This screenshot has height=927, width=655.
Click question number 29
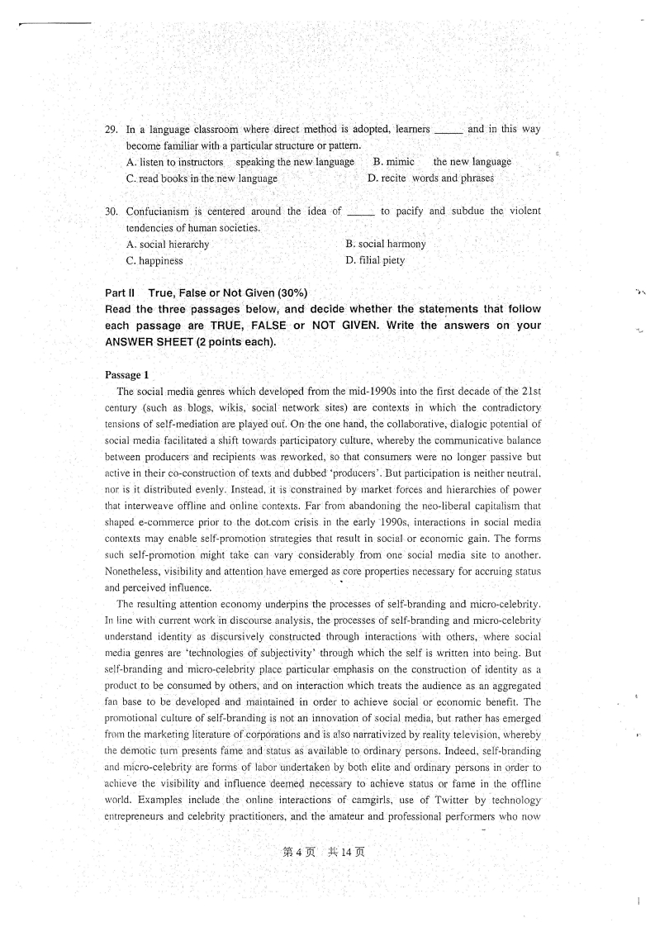pyautogui.click(x=112, y=130)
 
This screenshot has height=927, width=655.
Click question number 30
pyautogui.click(x=112, y=212)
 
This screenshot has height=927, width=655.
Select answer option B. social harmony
pyautogui.click(x=386, y=245)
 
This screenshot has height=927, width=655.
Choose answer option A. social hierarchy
pyautogui.click(x=168, y=245)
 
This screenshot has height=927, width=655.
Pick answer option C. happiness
pyautogui.click(x=154, y=261)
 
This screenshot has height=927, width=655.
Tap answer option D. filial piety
pyautogui.click(x=375, y=261)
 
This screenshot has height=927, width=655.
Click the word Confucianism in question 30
pyautogui.click(x=160, y=212)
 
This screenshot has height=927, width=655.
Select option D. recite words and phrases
pyautogui.click(x=430, y=178)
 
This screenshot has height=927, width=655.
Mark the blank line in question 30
pyautogui.click(x=361, y=212)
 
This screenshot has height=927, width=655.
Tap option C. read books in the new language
pyautogui.click(x=202, y=178)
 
